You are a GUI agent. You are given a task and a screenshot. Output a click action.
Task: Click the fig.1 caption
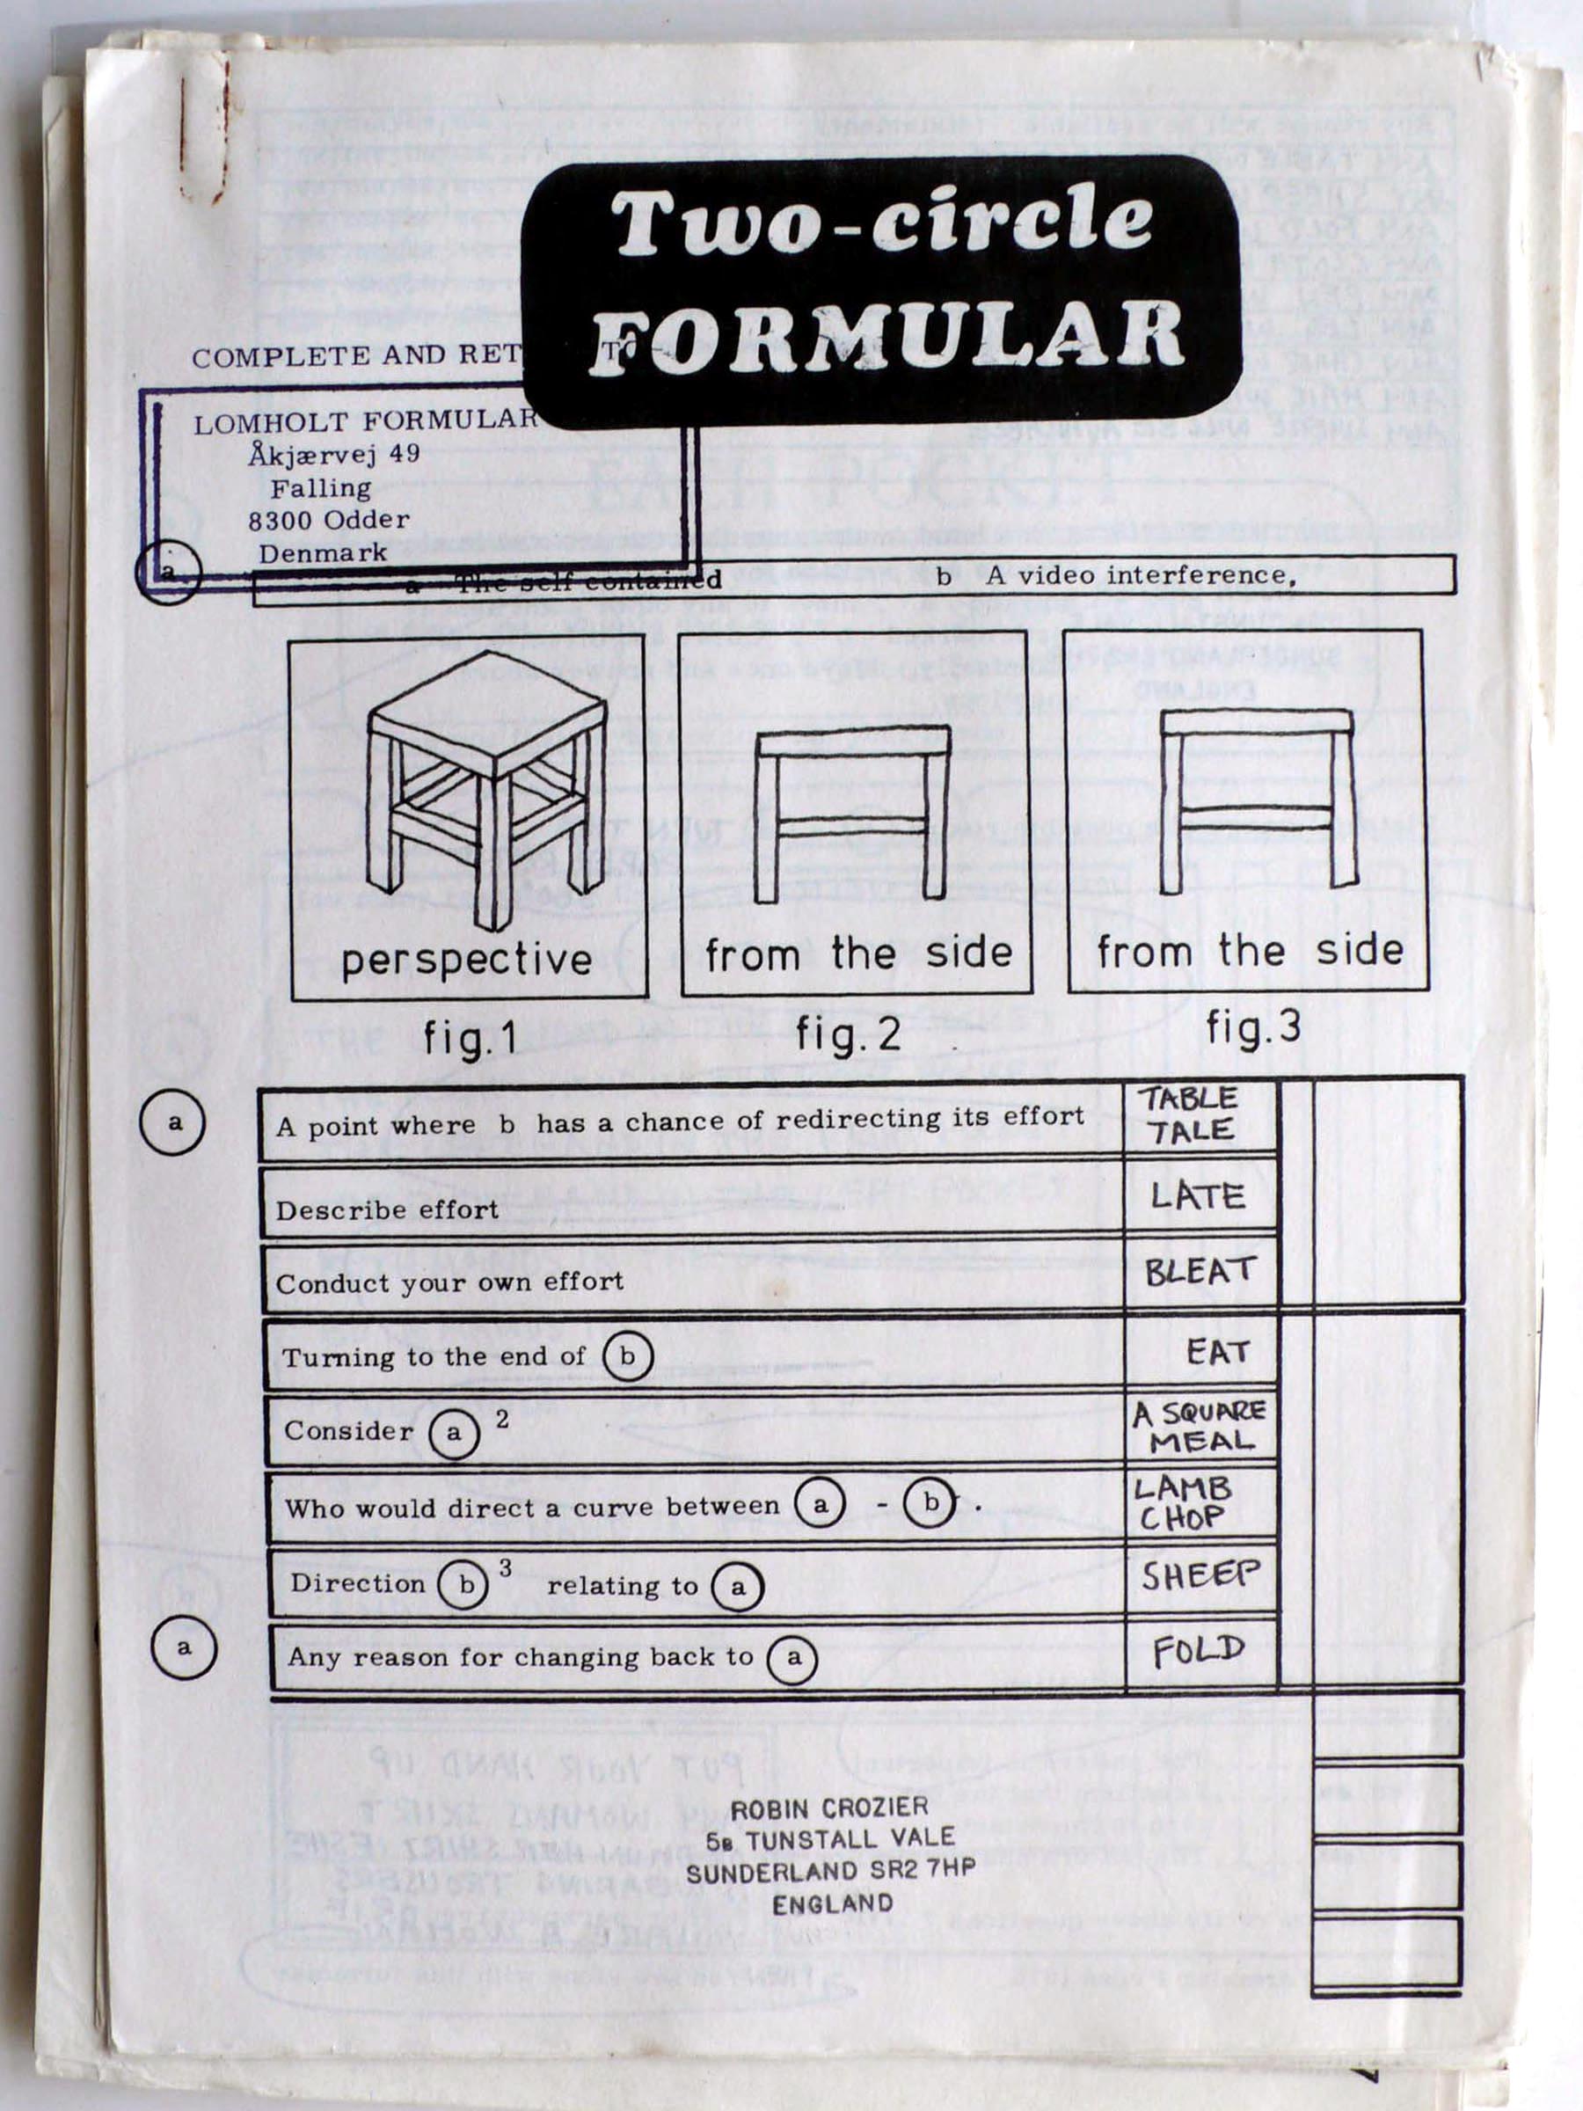[471, 1037]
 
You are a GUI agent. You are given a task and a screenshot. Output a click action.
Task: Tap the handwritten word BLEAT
[1200, 1272]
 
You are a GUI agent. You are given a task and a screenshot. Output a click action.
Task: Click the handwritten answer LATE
[1198, 1195]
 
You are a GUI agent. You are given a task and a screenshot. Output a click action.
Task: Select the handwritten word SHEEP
[1200, 1575]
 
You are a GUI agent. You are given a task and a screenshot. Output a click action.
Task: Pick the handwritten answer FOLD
[1199, 1650]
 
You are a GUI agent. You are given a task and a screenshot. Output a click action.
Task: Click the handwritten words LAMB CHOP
[1182, 1503]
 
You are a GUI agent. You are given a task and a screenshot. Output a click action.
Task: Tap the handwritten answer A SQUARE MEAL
[1200, 1427]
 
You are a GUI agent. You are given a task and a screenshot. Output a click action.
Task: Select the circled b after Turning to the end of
[627, 1356]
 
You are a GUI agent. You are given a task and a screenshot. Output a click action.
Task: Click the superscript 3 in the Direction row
[505, 1568]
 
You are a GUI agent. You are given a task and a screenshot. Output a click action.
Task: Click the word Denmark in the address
[323, 552]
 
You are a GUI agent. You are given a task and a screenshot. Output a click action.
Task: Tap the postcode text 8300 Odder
[328, 520]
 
